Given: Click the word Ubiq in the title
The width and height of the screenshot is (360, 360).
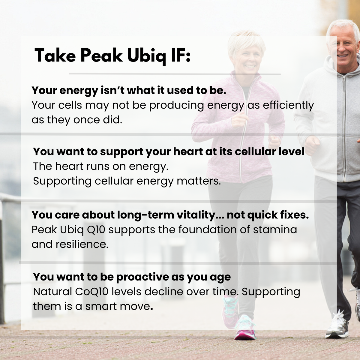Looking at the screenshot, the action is [147, 56].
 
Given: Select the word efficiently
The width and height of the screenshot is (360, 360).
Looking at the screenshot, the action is [288, 106].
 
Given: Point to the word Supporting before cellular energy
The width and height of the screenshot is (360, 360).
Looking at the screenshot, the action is [62, 181].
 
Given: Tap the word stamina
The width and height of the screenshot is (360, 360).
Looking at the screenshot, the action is [275, 229].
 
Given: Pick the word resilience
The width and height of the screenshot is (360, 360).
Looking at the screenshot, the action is [82, 244].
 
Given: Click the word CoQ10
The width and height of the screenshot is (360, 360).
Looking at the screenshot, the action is [92, 292].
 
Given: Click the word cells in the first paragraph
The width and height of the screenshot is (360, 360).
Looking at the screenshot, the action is [70, 105].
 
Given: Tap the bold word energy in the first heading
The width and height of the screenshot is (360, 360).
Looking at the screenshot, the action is [79, 91].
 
